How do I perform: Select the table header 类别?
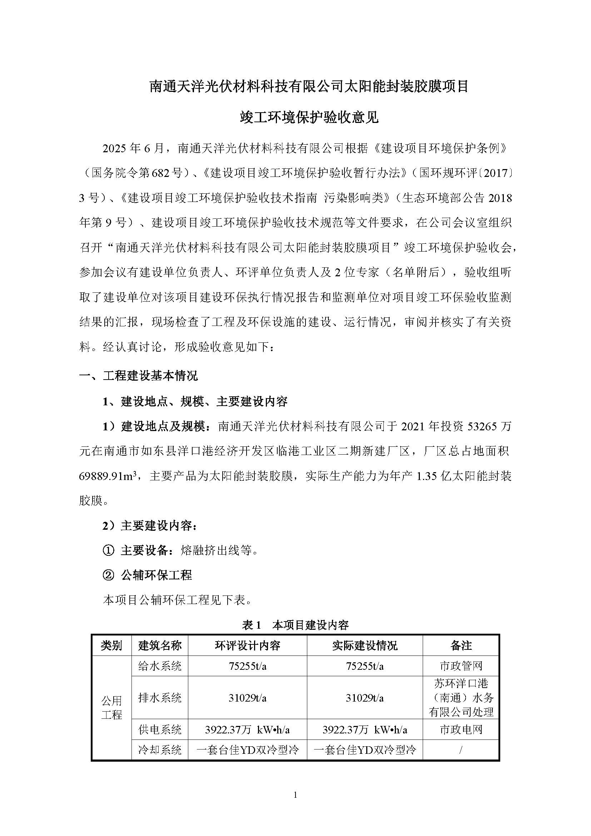[x=111, y=646]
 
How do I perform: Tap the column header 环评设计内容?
[x=248, y=646]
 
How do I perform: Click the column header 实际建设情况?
[x=365, y=646]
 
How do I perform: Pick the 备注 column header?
[x=461, y=646]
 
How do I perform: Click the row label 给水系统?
[x=160, y=666]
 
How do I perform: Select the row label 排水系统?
[x=160, y=698]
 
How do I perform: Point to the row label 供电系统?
[x=160, y=729]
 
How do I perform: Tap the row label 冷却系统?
[x=160, y=750]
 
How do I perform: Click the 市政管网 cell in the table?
[x=461, y=666]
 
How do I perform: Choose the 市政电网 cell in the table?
[x=461, y=729]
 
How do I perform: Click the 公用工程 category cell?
[x=111, y=707]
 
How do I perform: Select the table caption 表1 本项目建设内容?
[x=295, y=625]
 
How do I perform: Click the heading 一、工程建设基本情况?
[x=138, y=376]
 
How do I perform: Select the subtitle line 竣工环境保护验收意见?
[x=309, y=117]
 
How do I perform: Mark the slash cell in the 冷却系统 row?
[x=461, y=750]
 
